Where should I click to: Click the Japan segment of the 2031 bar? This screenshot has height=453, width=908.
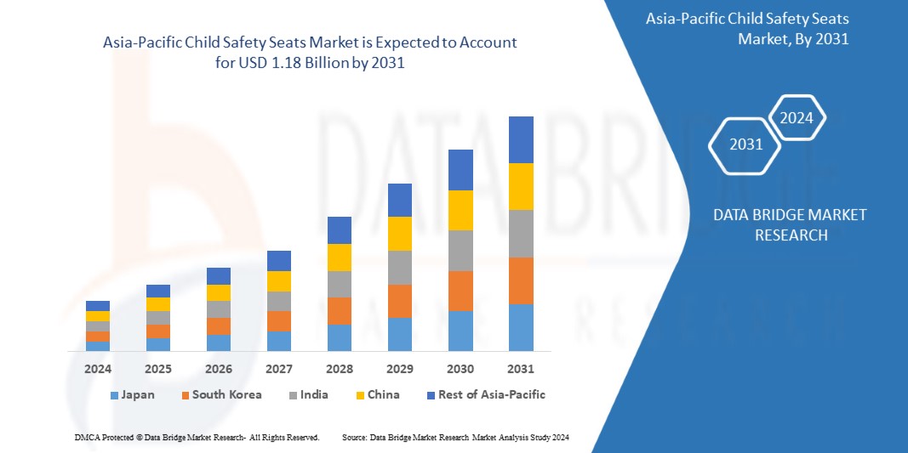pyautogui.click(x=521, y=327)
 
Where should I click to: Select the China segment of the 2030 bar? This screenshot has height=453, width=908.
pyautogui.click(x=460, y=210)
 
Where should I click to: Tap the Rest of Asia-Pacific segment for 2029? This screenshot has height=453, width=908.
pyautogui.click(x=400, y=200)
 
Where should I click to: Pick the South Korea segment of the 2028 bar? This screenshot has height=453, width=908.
pyautogui.click(x=340, y=311)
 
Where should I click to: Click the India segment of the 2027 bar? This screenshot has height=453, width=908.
pyautogui.click(x=279, y=301)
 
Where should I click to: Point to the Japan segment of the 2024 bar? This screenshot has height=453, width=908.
pyautogui.click(x=98, y=346)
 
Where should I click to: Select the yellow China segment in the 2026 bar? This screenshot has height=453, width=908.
pyautogui.click(x=219, y=292)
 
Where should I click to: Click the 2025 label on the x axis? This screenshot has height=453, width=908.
pyautogui.click(x=158, y=369)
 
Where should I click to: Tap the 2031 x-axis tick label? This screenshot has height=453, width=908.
pyautogui.click(x=521, y=369)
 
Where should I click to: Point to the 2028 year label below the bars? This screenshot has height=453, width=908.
pyautogui.click(x=340, y=369)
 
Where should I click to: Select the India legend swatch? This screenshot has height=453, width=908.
pyautogui.click(x=294, y=395)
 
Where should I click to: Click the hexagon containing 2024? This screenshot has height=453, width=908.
pyautogui.click(x=797, y=118)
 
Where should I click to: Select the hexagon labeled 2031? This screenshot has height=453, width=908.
pyautogui.click(x=745, y=144)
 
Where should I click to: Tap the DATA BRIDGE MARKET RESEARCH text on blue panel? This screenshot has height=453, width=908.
pyautogui.click(x=791, y=224)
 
